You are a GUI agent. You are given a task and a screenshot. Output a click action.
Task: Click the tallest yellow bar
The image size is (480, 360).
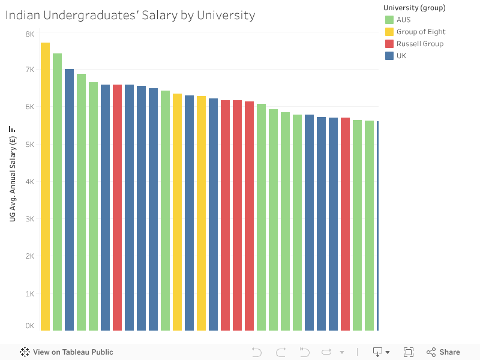tap(45, 186)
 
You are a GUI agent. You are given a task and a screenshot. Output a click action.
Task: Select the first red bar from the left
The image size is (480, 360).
tap(117, 207)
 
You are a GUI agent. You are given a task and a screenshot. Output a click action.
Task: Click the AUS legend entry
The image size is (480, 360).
tap(403, 20)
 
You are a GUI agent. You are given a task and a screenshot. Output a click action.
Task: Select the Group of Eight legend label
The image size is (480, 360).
tap(421, 32)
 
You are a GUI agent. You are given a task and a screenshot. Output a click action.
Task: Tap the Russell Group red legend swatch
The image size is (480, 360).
tap(389, 44)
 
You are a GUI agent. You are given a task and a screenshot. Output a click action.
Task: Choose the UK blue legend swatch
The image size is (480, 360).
tap(389, 56)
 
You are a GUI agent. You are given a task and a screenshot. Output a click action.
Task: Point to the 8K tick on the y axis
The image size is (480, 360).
tap(29, 34)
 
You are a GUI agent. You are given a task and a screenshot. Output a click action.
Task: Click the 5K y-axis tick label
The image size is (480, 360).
tap(29, 145)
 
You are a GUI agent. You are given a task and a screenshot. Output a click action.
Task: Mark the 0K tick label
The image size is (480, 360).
tap(29, 326)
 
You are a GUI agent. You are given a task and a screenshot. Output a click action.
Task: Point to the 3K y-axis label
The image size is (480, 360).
tap(29, 219)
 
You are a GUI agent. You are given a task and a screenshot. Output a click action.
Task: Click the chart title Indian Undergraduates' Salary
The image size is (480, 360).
tap(130, 16)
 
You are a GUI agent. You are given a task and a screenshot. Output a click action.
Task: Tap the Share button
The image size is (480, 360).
tap(443, 352)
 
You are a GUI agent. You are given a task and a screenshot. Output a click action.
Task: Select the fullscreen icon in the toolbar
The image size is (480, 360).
tap(409, 352)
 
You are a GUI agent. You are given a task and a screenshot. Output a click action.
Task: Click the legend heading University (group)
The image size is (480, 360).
tap(414, 7)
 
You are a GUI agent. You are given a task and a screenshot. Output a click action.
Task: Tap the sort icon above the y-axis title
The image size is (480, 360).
tap(11, 129)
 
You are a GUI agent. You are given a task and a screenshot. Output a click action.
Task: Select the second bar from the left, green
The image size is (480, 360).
tap(57, 192)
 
